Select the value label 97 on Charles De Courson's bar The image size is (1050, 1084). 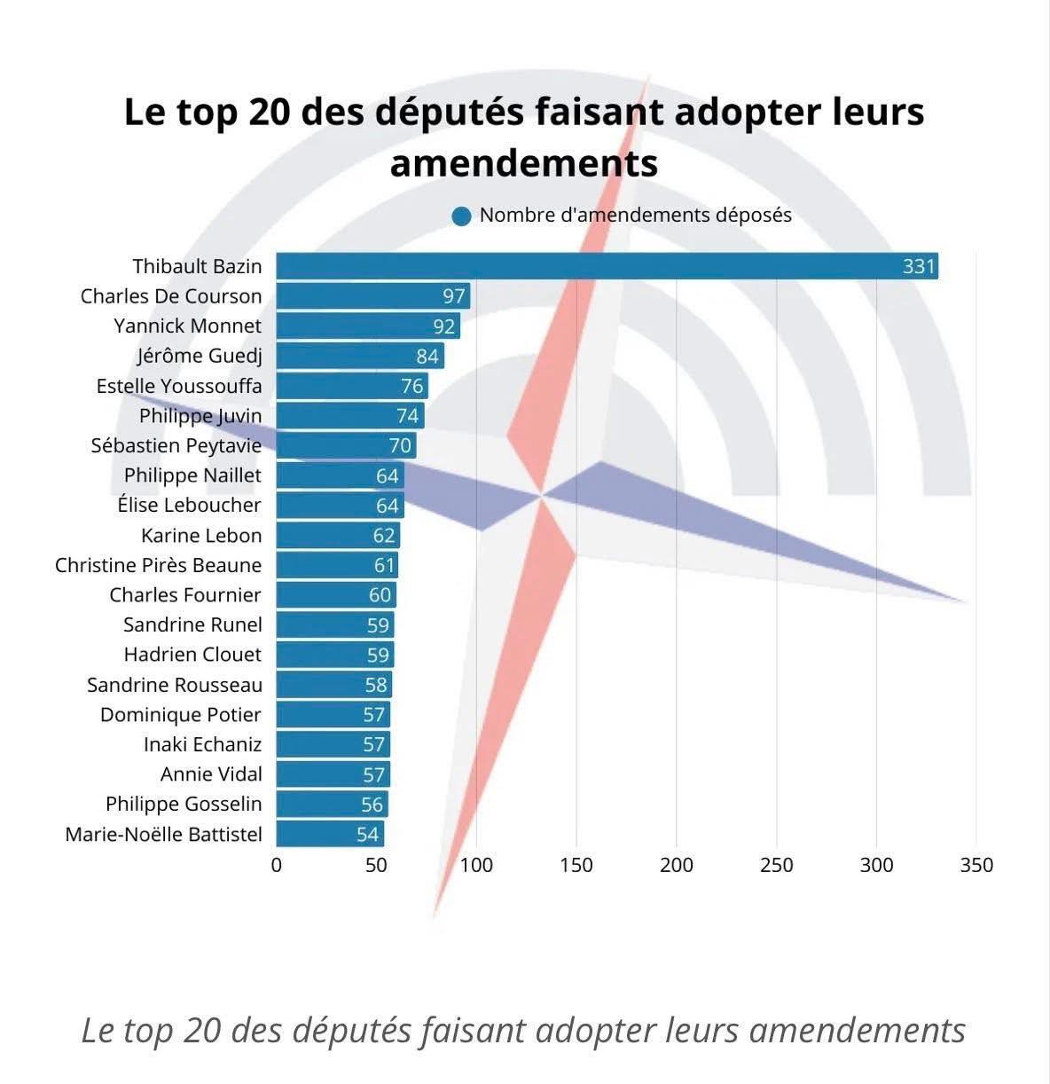click(x=454, y=296)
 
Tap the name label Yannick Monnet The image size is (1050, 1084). click(x=188, y=326)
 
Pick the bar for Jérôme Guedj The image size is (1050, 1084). click(x=355, y=356)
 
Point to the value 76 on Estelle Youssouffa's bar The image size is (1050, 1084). click(x=411, y=386)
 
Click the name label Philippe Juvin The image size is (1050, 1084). click(x=200, y=415)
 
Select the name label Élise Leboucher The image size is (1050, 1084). click(x=190, y=505)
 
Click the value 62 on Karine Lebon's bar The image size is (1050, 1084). click(x=384, y=536)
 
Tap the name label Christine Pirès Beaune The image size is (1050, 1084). click(x=159, y=565)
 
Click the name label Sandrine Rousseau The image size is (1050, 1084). click(x=175, y=685)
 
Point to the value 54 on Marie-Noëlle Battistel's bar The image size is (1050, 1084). click(x=367, y=834)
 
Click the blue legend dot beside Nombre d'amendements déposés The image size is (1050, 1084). click(x=461, y=216)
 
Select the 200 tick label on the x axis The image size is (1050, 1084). click(x=677, y=865)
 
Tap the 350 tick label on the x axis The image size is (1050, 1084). click(x=976, y=865)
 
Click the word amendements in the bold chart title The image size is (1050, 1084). click(x=523, y=163)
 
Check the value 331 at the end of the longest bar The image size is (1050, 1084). click(x=919, y=266)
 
